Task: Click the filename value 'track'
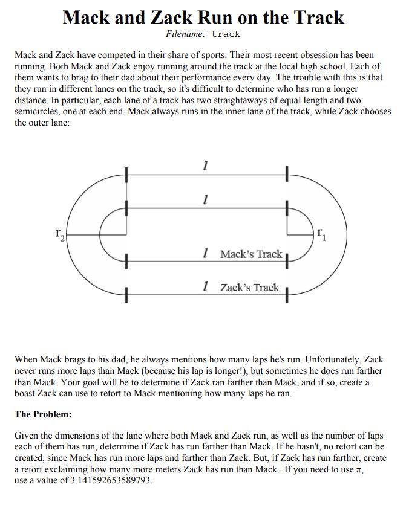(x=226, y=34)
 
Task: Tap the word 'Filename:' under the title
(x=186, y=34)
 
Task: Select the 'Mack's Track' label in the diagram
(x=251, y=254)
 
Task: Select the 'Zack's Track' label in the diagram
(x=249, y=287)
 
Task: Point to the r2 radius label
(x=59, y=233)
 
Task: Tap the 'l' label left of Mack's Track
(x=208, y=254)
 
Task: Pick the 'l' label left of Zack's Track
(x=208, y=287)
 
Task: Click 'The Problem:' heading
(x=43, y=414)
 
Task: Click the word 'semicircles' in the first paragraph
(x=38, y=112)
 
